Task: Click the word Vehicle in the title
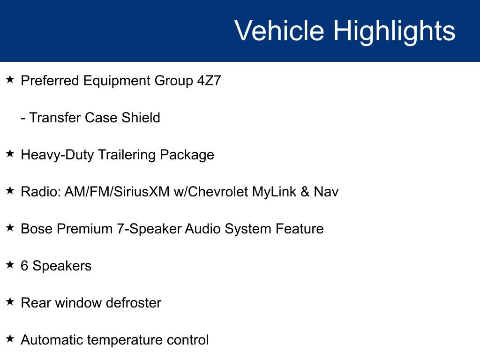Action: (x=279, y=31)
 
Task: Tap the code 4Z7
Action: (x=209, y=81)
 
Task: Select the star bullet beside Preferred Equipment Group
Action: (x=10, y=80)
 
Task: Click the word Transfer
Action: (x=55, y=117)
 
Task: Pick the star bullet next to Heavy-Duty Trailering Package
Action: (x=10, y=154)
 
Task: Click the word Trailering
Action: (x=127, y=155)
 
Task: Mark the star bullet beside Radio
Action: (x=10, y=191)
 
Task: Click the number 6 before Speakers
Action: (x=24, y=266)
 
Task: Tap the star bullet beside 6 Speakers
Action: (x=10, y=265)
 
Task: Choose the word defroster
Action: (x=133, y=303)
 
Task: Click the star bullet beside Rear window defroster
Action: (x=10, y=302)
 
